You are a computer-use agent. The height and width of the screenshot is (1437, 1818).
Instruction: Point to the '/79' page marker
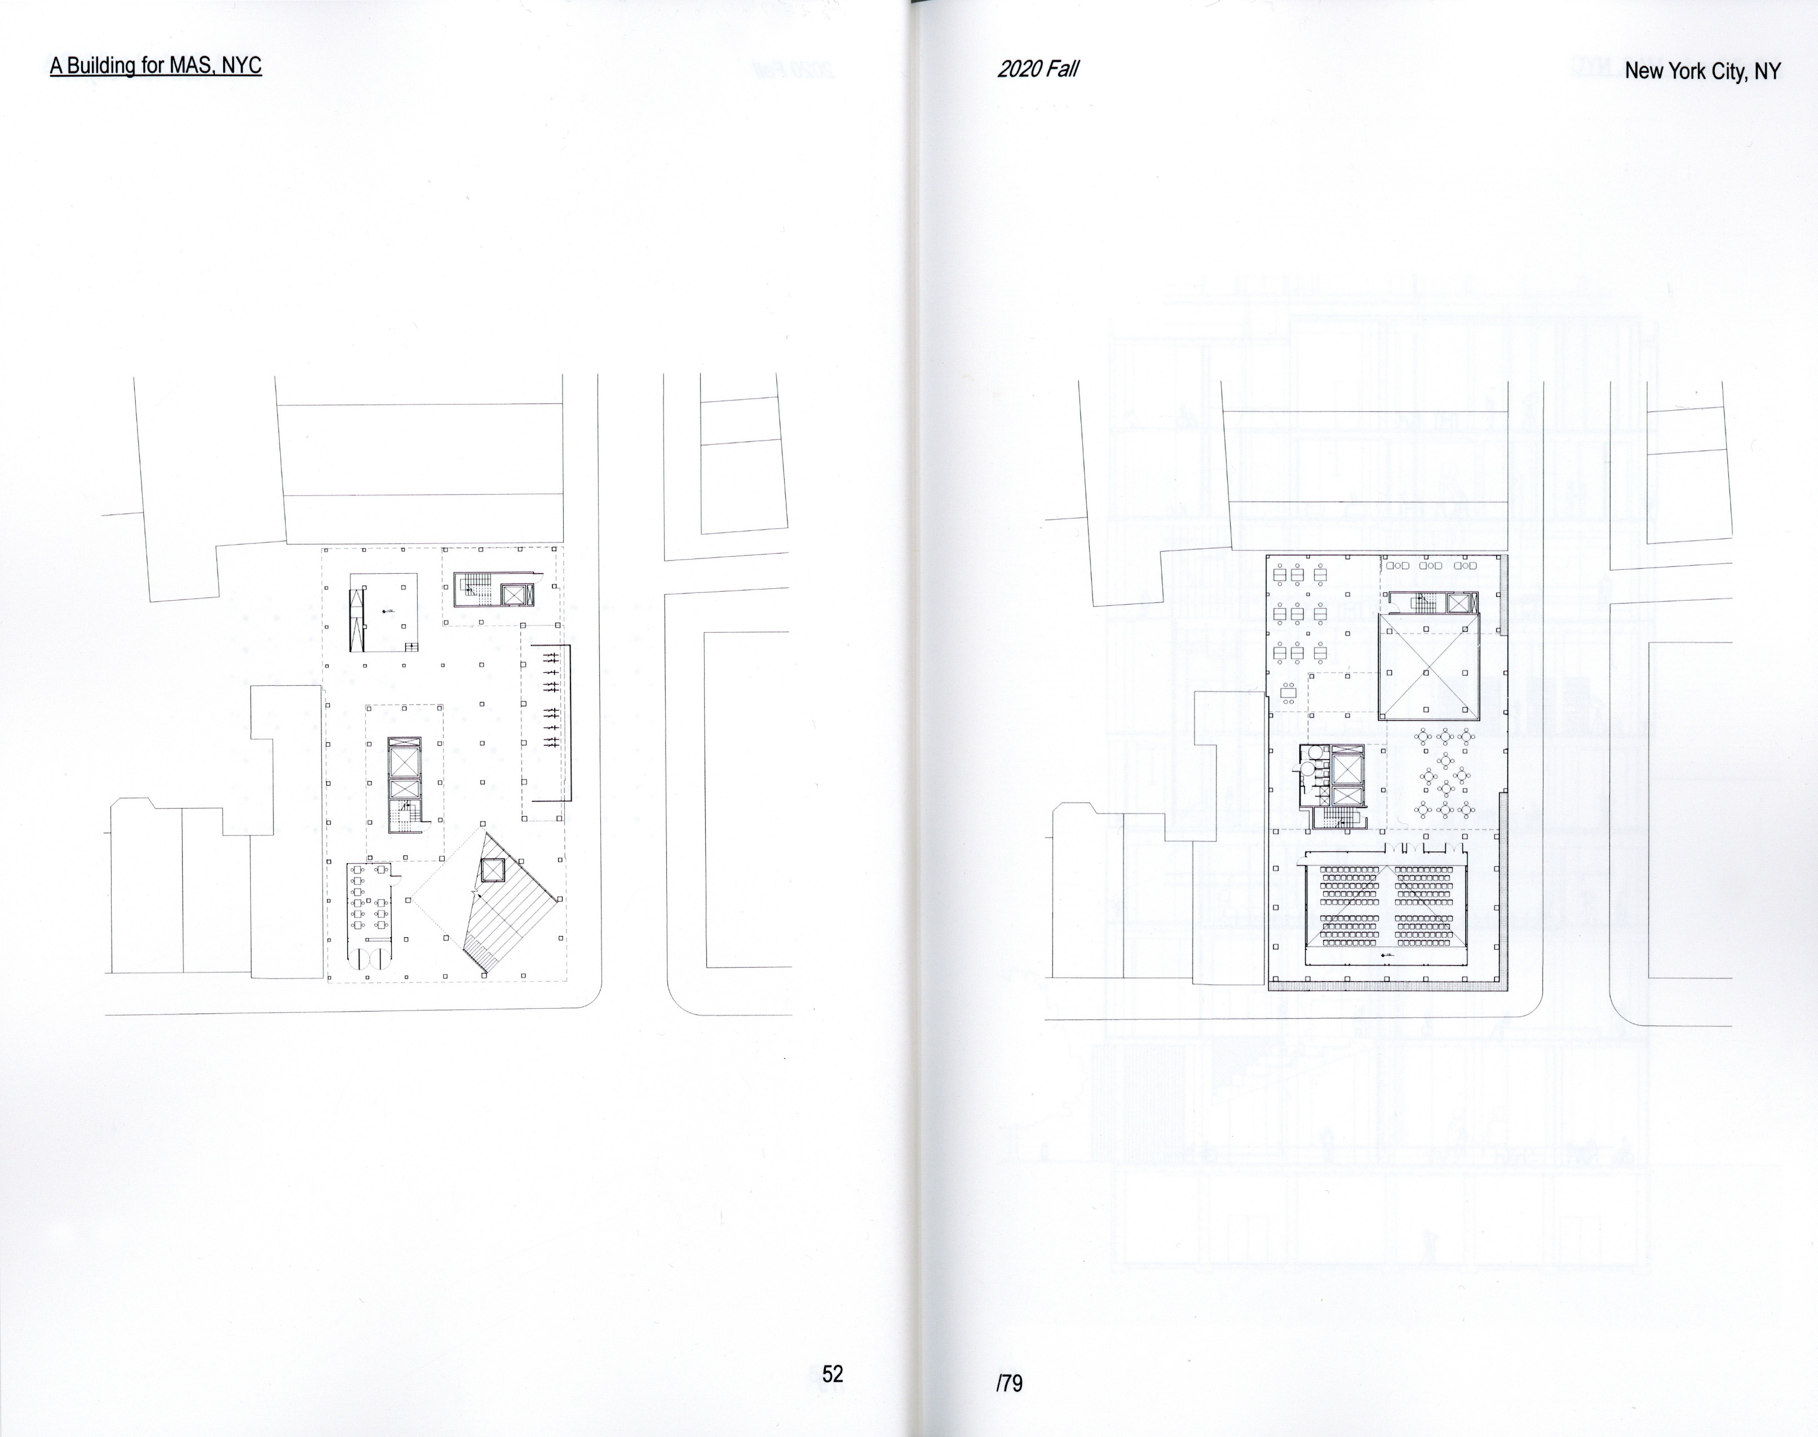click(x=1008, y=1382)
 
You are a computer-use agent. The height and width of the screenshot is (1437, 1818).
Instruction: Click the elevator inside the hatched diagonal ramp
click(x=492, y=869)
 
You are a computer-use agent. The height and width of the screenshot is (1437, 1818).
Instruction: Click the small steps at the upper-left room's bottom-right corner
click(x=411, y=646)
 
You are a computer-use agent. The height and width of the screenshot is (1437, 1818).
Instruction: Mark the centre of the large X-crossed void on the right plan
click(x=1428, y=671)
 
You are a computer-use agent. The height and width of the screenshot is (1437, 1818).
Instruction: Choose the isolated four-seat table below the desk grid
click(x=1289, y=691)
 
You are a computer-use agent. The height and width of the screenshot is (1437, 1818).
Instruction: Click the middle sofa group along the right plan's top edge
click(x=1431, y=565)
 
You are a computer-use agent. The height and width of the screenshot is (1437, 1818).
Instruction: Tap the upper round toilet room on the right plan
click(x=1309, y=753)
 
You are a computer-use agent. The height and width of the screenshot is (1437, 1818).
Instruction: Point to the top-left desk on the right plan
click(x=1281, y=575)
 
